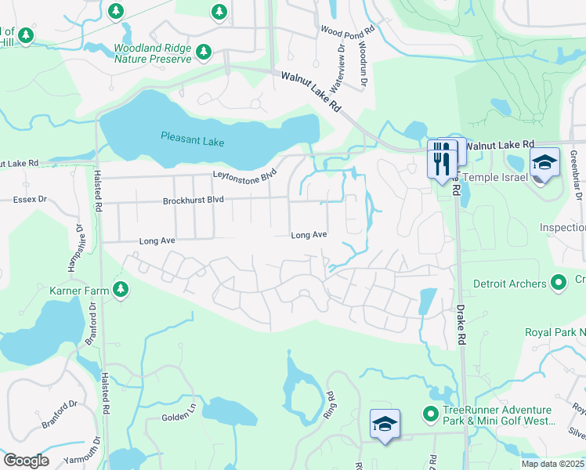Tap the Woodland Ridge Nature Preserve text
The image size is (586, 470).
tap(153, 53)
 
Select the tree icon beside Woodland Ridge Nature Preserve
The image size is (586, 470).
tap(204, 52)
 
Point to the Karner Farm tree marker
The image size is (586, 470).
tap(120, 291)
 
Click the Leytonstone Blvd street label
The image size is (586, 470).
tap(244, 175)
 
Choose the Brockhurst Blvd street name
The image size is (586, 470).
tap(194, 201)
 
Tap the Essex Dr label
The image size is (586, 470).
tap(30, 201)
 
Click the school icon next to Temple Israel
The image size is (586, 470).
tap(544, 163)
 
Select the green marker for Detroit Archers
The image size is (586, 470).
tap(558, 281)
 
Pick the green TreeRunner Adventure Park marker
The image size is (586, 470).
tap(429, 413)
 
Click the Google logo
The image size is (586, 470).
tap(26, 461)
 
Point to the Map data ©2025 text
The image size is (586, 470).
tap(552, 464)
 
